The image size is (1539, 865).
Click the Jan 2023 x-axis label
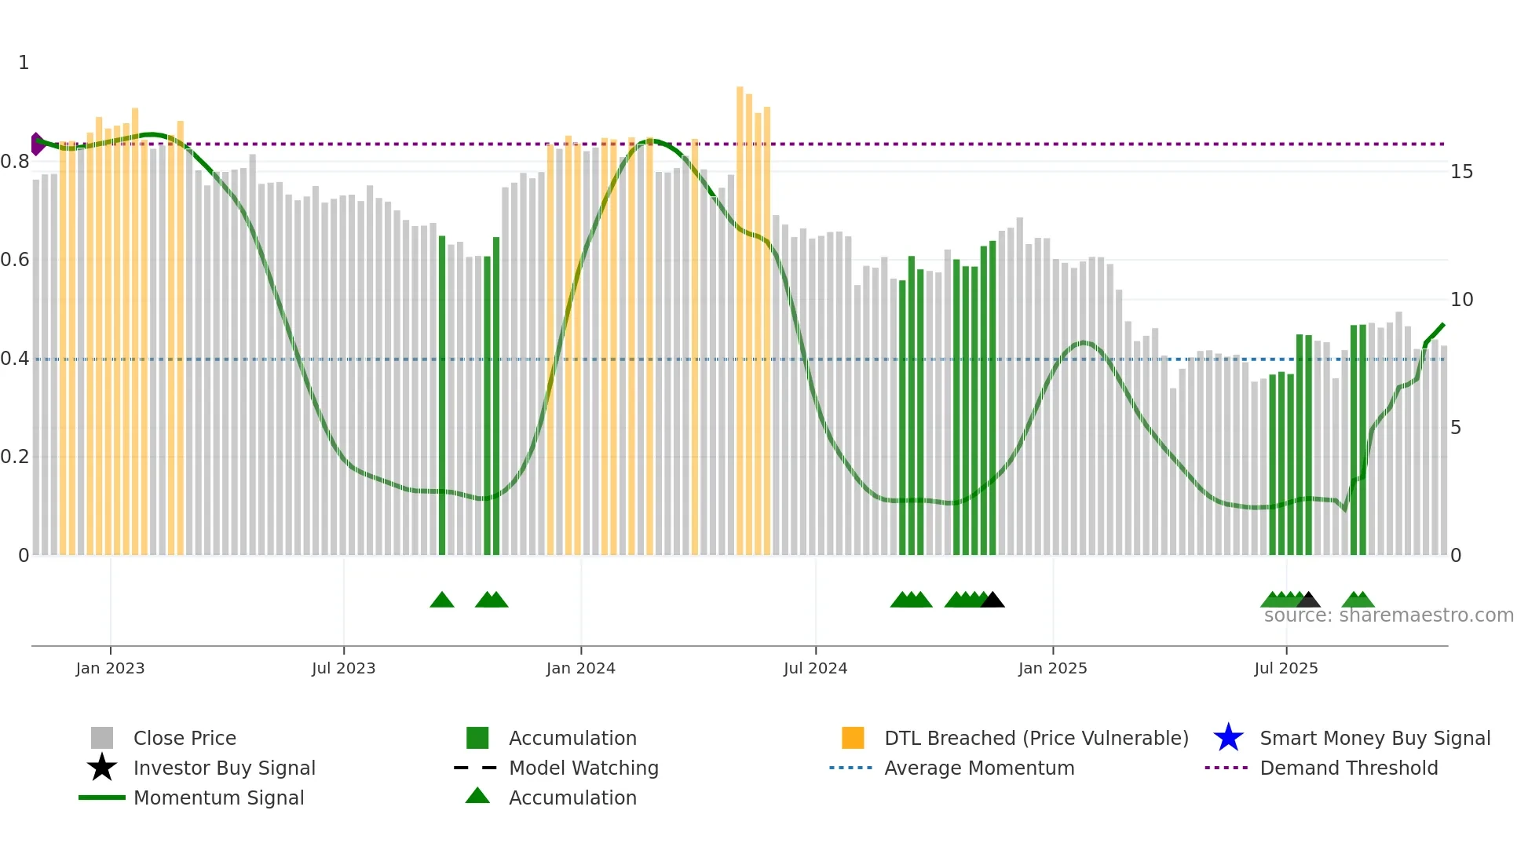click(x=110, y=668)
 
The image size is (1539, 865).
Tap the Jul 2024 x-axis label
click(x=815, y=668)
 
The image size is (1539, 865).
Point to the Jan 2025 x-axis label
click(x=1052, y=668)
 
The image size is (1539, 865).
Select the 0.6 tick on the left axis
click(x=14, y=260)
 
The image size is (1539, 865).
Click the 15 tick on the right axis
click(x=1461, y=171)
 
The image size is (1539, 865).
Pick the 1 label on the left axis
click(x=24, y=63)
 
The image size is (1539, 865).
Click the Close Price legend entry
click(x=185, y=738)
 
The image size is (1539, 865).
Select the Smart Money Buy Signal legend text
click(x=1375, y=738)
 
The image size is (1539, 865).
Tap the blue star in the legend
click(x=1228, y=738)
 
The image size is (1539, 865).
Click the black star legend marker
click(x=102, y=768)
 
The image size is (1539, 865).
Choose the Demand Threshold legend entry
click(x=1348, y=768)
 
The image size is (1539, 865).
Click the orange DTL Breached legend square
click(x=853, y=738)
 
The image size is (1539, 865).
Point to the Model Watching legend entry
click(x=583, y=768)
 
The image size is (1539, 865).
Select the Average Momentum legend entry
click(x=979, y=768)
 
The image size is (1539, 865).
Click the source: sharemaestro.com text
click(x=1388, y=615)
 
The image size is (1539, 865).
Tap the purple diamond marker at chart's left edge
click(x=36, y=144)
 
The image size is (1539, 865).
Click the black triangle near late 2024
click(x=992, y=600)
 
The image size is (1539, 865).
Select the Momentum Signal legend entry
click(x=218, y=797)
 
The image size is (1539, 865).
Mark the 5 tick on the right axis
click(x=1456, y=428)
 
